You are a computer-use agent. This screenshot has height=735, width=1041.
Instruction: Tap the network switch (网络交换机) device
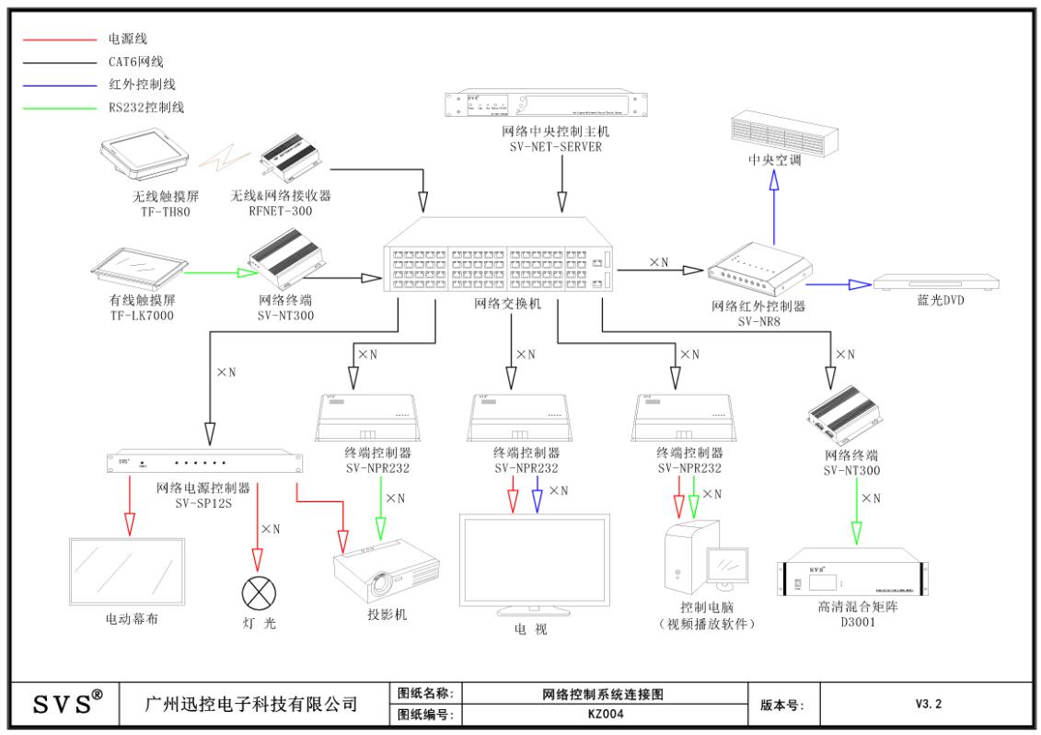497,258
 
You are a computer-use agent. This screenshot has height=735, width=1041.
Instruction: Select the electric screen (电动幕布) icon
128,571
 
